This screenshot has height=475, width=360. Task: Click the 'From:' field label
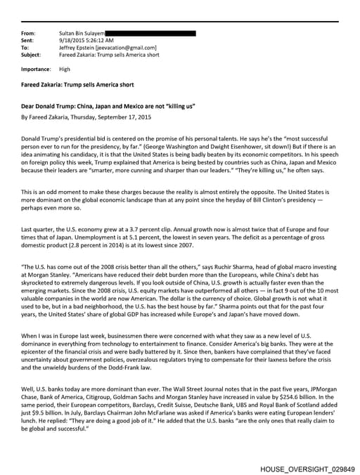pos(28,33)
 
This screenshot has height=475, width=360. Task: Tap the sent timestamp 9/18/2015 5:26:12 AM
pos(89,40)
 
